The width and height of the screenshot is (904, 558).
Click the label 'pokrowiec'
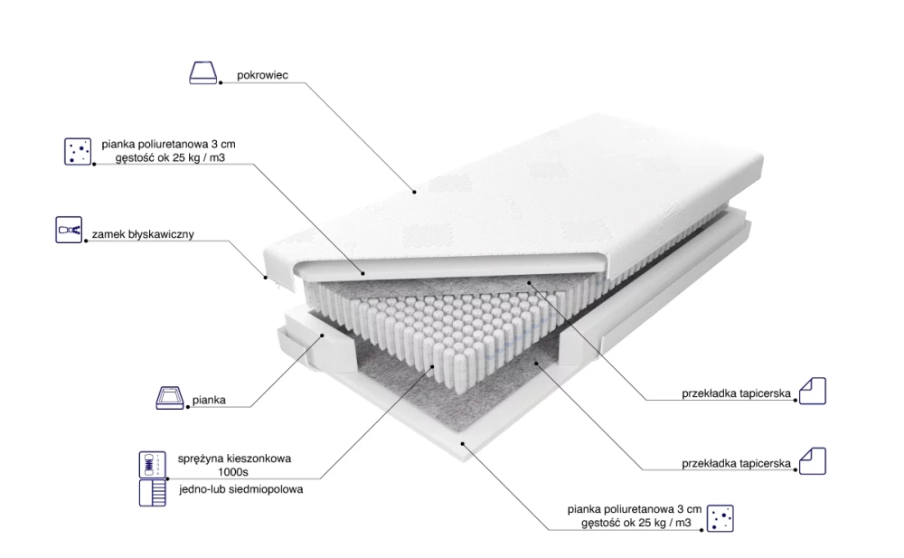point(262,75)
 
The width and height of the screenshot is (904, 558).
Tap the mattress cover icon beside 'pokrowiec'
point(202,72)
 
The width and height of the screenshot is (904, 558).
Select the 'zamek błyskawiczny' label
point(143,234)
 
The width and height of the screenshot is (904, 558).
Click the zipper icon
point(69,230)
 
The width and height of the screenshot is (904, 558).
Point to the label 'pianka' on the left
point(209,400)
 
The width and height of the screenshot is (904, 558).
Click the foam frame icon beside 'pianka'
point(170,398)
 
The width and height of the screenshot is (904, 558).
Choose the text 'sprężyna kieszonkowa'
point(234,459)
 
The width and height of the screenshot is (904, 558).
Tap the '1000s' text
point(233,473)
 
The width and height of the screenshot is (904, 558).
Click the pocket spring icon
point(152,465)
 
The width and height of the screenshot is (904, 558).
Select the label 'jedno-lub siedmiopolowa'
point(241,489)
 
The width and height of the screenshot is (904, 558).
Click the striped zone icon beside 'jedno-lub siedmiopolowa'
point(152,493)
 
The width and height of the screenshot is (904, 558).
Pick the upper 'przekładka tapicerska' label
point(736,393)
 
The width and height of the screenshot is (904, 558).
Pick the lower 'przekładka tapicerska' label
point(736,463)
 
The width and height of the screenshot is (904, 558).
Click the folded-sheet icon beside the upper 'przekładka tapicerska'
point(813,391)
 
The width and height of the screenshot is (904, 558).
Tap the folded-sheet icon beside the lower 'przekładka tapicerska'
point(813,461)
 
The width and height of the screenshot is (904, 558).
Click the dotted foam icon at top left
point(78,151)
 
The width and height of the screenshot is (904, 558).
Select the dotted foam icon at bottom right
point(720,518)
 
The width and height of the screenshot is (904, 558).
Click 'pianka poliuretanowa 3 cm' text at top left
point(168,145)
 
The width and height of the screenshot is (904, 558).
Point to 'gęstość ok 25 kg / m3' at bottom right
point(636,524)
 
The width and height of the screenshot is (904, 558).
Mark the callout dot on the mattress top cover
point(414,192)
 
